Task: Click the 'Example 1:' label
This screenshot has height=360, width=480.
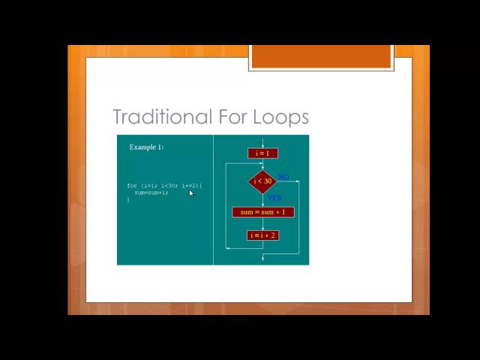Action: point(146,147)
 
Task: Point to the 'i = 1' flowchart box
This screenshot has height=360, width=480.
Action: point(262,153)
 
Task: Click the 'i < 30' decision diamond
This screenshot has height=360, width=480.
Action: point(262,181)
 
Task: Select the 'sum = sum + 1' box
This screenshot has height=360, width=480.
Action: point(262,212)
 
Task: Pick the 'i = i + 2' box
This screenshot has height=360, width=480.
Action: point(262,235)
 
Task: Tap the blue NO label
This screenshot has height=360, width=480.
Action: point(283,177)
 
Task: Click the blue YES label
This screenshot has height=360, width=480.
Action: point(274,198)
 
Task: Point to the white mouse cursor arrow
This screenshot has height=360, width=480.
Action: point(191,193)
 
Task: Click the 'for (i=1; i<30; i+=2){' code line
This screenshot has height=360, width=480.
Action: point(164,185)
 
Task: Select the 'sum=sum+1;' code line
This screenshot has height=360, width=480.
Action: point(151,193)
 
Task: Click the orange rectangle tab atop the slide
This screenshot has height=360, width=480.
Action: point(321,56)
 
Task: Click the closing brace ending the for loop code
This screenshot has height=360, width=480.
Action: point(128,199)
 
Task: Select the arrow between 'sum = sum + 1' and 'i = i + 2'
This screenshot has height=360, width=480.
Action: point(262,224)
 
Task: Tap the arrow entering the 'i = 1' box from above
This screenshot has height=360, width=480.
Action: point(262,142)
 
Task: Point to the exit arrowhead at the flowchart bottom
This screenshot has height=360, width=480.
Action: point(262,259)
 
